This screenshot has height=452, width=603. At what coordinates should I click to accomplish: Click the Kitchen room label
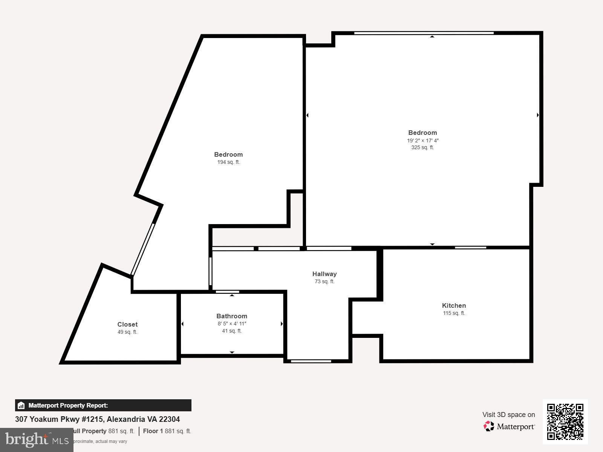pyautogui.click(x=454, y=305)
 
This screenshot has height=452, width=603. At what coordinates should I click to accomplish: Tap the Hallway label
pyautogui.click(x=324, y=274)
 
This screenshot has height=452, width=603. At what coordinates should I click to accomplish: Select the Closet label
pyautogui.click(x=127, y=324)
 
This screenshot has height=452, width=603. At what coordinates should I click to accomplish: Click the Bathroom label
pyautogui.click(x=232, y=316)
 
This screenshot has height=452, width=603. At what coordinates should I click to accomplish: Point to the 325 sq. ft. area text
pyautogui.click(x=422, y=148)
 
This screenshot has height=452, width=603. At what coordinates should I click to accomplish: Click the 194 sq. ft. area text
pyautogui.click(x=228, y=162)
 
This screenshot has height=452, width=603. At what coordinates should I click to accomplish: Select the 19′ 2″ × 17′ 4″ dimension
pyautogui.click(x=422, y=140)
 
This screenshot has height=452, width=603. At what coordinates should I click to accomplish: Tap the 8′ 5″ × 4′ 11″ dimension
pyautogui.click(x=232, y=324)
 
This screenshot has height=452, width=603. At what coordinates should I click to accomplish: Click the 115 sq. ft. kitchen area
pyautogui.click(x=454, y=313)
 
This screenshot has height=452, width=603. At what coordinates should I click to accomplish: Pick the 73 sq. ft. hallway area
pyautogui.click(x=324, y=281)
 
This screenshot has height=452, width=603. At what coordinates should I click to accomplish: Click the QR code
pyautogui.click(x=565, y=421)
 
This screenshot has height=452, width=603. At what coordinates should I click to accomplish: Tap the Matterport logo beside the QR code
pyautogui.click(x=509, y=426)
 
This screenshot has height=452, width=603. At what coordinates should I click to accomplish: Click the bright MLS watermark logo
pyautogui.click(x=37, y=440)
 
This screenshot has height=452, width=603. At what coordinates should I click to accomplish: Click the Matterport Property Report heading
pyautogui.click(x=68, y=405)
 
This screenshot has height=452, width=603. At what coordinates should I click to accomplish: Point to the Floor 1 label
pyautogui.click(x=153, y=431)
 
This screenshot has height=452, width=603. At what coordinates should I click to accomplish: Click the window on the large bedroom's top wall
pyautogui.click(x=424, y=33)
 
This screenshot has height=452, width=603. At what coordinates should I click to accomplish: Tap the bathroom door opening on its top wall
pyautogui.click(x=227, y=292)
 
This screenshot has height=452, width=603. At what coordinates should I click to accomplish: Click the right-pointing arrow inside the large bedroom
pyautogui.click(x=538, y=115)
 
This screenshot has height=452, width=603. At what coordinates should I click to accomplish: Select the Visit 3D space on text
pyautogui.click(x=508, y=415)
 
